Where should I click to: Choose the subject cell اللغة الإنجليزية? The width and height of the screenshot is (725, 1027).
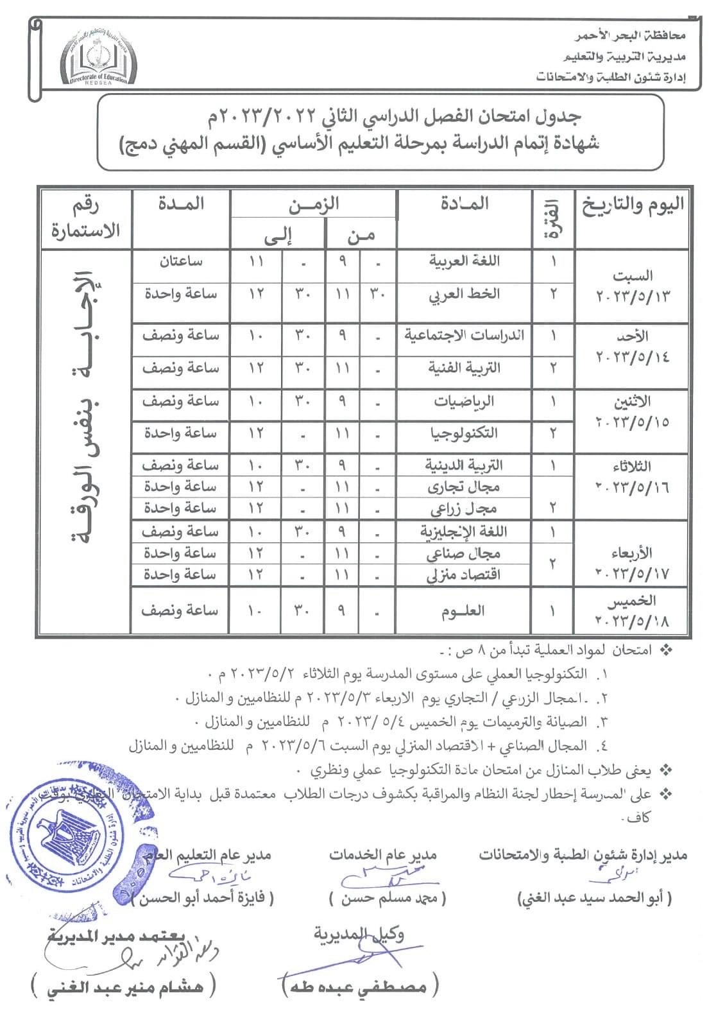(463, 531)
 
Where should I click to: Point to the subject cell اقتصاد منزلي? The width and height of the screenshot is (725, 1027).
(463, 574)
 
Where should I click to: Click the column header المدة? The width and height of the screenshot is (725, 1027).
(180, 204)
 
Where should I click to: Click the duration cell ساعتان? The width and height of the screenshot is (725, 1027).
(180, 261)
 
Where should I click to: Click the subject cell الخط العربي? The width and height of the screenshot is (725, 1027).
(464, 295)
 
